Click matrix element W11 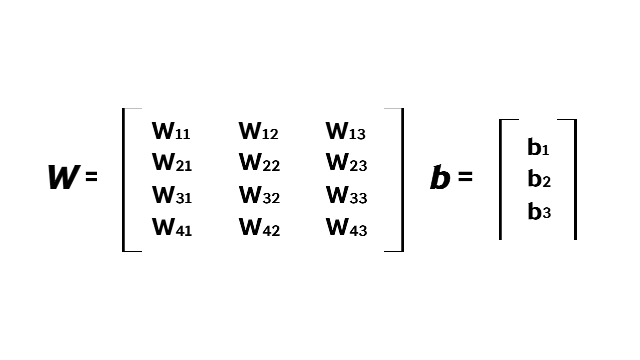click(x=171, y=131)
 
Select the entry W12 click(x=258, y=131)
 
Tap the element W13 click(x=346, y=131)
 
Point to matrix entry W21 click(x=172, y=163)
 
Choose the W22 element click(x=259, y=163)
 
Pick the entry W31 click(x=172, y=195)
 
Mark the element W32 click(x=259, y=195)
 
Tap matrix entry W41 click(x=172, y=228)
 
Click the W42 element click(x=259, y=228)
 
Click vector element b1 click(x=538, y=147)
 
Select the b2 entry click(x=539, y=179)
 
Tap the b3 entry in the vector click(x=539, y=212)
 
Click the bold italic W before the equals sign click(x=63, y=177)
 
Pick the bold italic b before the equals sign click(x=440, y=178)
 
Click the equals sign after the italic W click(x=91, y=177)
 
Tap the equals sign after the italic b click(x=465, y=177)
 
